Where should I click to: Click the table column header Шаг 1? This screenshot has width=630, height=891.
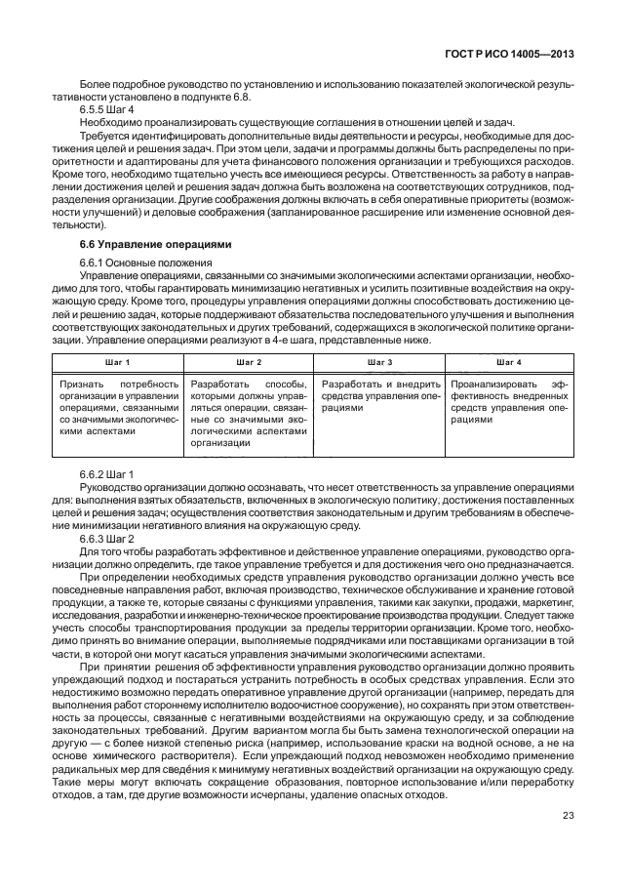click(118, 363)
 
